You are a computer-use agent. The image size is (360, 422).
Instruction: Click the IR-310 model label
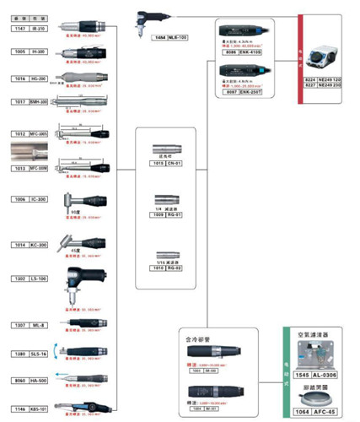[40, 28]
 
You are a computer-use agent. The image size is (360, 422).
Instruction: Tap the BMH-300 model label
[39, 101]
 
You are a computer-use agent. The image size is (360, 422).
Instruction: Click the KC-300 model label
[40, 245]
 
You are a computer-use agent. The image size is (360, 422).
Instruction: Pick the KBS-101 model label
[39, 408]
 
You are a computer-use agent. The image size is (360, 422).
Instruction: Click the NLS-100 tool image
[153, 22]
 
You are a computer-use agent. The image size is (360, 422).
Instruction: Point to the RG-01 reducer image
[168, 203]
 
